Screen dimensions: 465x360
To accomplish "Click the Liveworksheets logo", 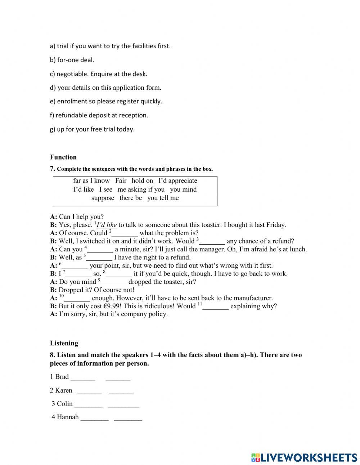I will (x=304, y=457).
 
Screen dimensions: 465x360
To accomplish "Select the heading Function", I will (x=63, y=157).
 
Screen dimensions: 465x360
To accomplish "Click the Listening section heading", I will (x=64, y=343).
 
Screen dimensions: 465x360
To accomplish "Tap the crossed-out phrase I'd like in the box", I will (x=84, y=189).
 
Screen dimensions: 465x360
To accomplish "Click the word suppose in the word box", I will (x=103, y=198).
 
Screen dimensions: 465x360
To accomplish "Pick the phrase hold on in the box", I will (x=142, y=181).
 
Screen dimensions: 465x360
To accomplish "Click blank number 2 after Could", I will (x=125, y=233).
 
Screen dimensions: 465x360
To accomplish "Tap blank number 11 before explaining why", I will (x=216, y=307).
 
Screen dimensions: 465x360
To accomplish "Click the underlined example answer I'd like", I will (x=107, y=225).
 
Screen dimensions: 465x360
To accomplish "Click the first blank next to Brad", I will (x=83, y=377).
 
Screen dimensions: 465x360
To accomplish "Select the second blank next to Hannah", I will (x=128, y=417).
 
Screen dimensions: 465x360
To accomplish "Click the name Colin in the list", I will (x=65, y=404).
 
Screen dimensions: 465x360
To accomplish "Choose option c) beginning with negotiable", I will (x=98, y=74).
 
